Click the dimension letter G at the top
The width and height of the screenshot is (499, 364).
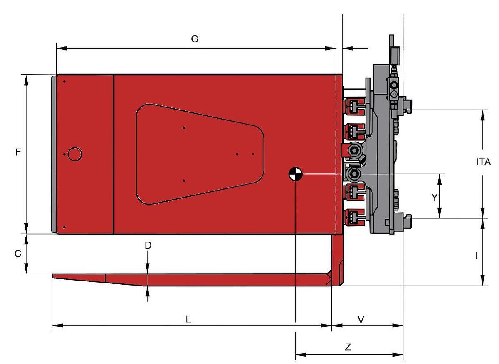click(x=195, y=39)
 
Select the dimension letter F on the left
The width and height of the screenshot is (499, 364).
click(x=18, y=152)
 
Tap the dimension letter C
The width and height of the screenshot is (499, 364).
click(x=18, y=254)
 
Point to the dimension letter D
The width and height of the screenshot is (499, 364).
click(x=148, y=245)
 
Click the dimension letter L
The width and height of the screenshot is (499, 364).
click(x=188, y=319)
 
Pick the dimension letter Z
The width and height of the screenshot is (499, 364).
click(x=348, y=347)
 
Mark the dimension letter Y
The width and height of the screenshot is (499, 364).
click(x=435, y=197)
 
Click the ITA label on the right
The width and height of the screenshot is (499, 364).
click(x=484, y=162)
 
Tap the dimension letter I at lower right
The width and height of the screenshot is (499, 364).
click(x=476, y=256)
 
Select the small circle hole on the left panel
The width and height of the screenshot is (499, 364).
click(x=75, y=154)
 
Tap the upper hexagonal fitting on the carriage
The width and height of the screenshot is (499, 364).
click(x=354, y=149)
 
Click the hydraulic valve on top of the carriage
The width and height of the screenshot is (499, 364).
click(x=393, y=86)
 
